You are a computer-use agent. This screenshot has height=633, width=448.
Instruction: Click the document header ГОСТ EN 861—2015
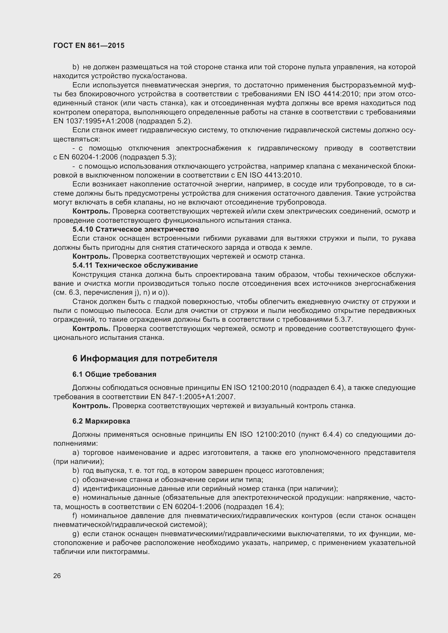coord(89,45)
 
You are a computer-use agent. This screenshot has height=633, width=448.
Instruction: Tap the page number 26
coord(57,576)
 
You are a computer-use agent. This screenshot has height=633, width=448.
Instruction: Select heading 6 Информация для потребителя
coord(145,358)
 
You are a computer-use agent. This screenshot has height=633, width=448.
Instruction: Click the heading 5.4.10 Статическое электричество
coord(135,229)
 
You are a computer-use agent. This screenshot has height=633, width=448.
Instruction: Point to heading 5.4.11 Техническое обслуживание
coord(135,265)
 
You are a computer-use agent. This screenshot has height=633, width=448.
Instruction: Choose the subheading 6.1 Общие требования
coord(114,374)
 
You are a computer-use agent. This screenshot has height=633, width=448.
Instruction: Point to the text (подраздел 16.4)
coord(253,507)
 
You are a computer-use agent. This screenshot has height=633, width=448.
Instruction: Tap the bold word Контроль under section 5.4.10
coord(91,256)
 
